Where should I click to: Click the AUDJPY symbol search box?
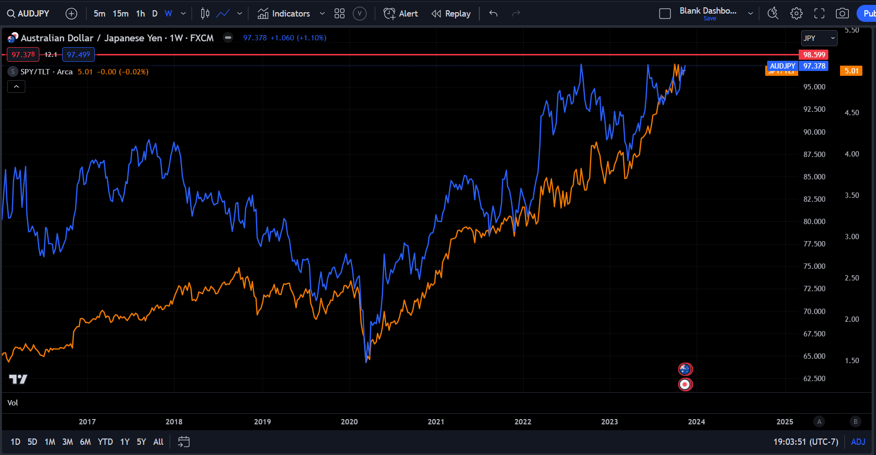click(x=28, y=14)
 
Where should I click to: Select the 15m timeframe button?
click(x=121, y=14)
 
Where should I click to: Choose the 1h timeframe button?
click(x=140, y=14)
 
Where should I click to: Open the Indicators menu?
click(x=284, y=14)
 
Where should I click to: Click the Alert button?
click(x=401, y=14)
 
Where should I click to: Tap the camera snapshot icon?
click(x=842, y=14)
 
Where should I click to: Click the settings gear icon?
click(x=796, y=14)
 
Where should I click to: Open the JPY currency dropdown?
click(x=819, y=38)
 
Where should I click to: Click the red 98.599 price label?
click(x=814, y=55)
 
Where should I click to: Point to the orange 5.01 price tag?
click(x=851, y=71)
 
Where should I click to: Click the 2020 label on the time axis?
click(x=349, y=422)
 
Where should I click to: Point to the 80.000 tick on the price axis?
click(x=814, y=222)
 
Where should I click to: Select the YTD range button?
click(x=105, y=442)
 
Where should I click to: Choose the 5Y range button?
click(x=141, y=442)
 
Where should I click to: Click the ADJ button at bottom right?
click(x=858, y=442)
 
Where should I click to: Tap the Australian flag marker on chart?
click(x=685, y=369)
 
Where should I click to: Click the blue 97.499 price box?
click(x=78, y=54)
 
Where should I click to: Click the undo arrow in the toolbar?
click(x=493, y=14)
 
